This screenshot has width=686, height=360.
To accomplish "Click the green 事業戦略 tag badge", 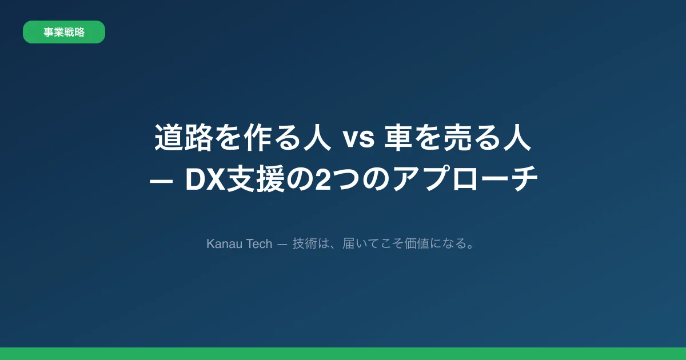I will [64, 32].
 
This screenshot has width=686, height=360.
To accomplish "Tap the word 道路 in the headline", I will [183, 139].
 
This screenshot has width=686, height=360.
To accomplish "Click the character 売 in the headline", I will [459, 139].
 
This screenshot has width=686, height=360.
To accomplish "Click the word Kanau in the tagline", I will [225, 244].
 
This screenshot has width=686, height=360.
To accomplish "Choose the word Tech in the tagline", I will [260, 244].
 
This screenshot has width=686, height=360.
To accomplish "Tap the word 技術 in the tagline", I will [304, 244].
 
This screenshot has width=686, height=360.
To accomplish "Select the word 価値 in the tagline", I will [409, 244].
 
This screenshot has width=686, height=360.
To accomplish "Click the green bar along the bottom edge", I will [343, 354].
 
